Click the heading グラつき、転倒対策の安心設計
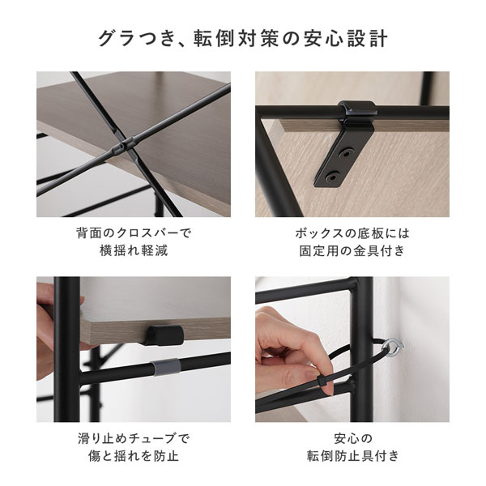click(243, 39)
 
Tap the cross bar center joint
click(123, 145)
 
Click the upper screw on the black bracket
click(347, 153)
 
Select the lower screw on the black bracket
click(332, 177)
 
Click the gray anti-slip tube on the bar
click(164, 366)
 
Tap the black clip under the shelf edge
click(164, 335)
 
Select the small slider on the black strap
click(323, 382)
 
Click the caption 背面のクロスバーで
click(134, 232)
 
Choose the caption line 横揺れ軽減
click(134, 250)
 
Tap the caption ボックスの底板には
click(352, 233)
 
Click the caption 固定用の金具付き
click(352, 250)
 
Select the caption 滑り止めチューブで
click(134, 438)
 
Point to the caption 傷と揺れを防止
click(134, 456)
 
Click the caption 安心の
click(352, 438)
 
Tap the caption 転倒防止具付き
click(352, 456)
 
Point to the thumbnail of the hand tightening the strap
click(352, 349)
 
